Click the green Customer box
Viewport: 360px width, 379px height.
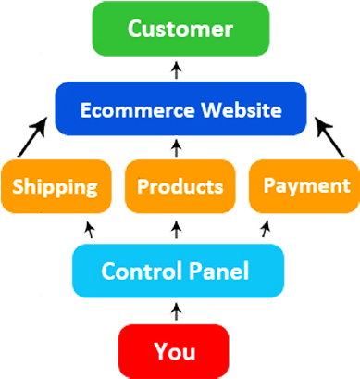point(180,29)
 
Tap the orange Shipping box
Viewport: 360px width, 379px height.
point(56,187)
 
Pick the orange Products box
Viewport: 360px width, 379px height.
point(180,187)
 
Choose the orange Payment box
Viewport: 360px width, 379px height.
point(304,185)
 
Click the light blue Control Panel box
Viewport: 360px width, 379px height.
point(175,272)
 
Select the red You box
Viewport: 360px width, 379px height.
point(174,351)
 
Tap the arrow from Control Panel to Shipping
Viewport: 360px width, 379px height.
point(90,228)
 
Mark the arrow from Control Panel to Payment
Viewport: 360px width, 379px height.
point(266,227)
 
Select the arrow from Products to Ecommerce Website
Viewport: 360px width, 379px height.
point(177,146)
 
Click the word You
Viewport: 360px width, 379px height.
point(174,351)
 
